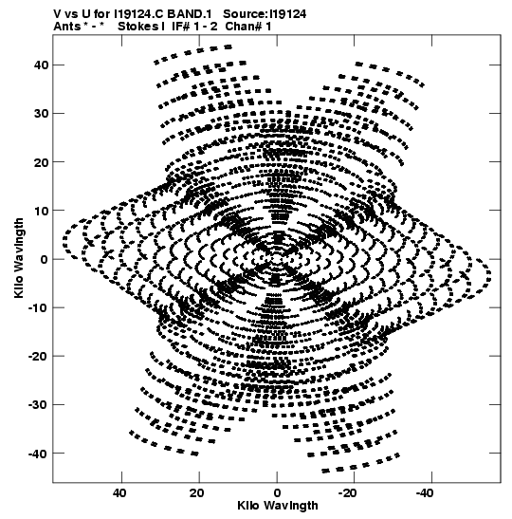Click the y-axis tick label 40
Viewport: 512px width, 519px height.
41,65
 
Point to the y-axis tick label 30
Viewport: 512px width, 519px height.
41,114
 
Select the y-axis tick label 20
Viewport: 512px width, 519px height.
41,162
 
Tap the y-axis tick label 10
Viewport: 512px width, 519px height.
41,211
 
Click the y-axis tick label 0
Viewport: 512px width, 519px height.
45,259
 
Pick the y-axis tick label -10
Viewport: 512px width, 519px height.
38,307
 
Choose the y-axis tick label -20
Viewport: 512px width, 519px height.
38,356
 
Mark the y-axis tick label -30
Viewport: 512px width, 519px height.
38,405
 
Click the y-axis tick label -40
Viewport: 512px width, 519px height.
38,454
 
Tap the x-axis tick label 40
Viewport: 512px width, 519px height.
119,493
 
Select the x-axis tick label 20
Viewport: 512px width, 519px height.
197,493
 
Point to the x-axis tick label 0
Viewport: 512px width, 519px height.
277,493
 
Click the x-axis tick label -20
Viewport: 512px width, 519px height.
348,493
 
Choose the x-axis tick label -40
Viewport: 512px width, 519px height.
425,493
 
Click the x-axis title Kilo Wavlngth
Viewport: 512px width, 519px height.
278,506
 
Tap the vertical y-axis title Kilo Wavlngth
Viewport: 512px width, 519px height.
19,258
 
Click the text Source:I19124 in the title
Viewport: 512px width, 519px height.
265,14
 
